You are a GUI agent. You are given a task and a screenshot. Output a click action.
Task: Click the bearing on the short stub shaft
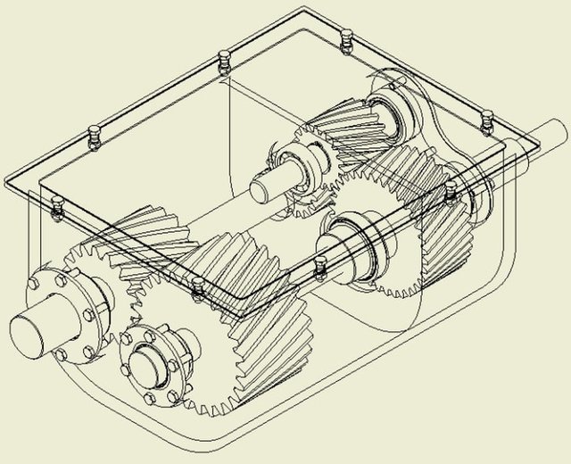[299, 169]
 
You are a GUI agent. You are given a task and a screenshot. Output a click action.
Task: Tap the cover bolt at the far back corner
[347, 37]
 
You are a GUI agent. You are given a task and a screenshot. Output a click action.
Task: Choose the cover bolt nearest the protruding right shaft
[486, 119]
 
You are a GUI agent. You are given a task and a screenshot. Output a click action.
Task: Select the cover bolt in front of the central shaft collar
[320, 263]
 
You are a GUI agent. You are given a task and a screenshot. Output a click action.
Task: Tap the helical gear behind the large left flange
[152, 245]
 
